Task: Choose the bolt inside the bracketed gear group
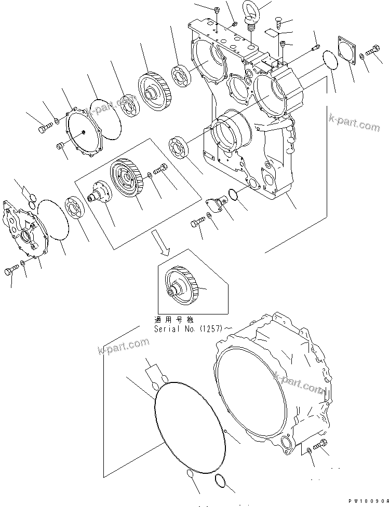(160, 170)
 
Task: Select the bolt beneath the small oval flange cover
(197, 224)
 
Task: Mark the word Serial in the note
(166, 329)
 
